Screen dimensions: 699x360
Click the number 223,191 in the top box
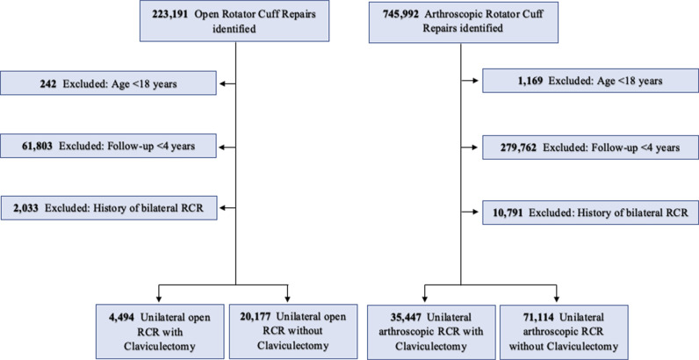pyautogui.click(x=169, y=14)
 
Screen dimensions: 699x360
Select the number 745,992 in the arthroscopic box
pyautogui.click(x=400, y=14)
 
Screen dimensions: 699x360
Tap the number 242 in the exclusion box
pyautogui.click(x=47, y=83)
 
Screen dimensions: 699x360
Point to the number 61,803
pyautogui.click(x=38, y=146)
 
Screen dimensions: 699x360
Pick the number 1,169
pyautogui.click(x=530, y=81)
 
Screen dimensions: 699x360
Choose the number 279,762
pyautogui.click(x=515, y=148)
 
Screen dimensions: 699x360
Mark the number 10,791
pyautogui.click(x=508, y=212)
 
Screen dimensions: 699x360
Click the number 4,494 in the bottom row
pyautogui.click(x=121, y=317)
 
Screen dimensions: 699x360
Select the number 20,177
pyautogui.click(x=256, y=316)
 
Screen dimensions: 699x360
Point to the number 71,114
pyautogui.click(x=538, y=317)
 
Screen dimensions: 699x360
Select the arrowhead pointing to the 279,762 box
pyautogui.click(x=475, y=147)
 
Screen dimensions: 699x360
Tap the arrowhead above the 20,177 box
pyautogui.click(x=287, y=299)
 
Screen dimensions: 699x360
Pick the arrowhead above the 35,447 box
pyautogui.click(x=424, y=299)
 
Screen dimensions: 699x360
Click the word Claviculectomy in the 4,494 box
pyautogui.click(x=160, y=347)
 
